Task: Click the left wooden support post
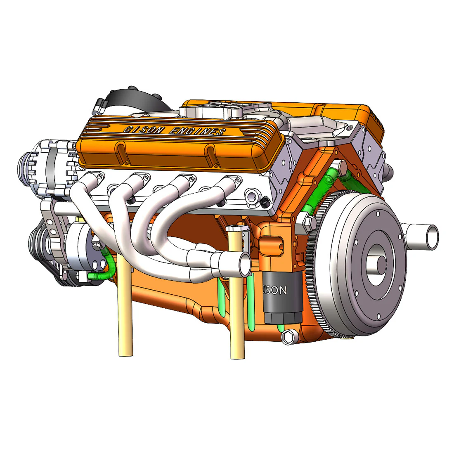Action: (125, 305)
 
